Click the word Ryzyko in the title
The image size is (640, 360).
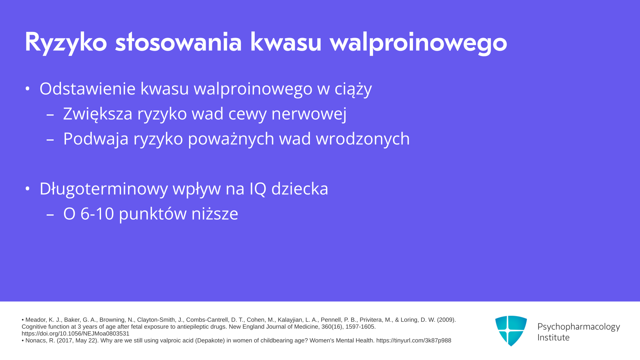tap(66, 43)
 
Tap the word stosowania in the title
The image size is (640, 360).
tap(178, 42)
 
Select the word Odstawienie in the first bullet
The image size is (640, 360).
tap(88, 89)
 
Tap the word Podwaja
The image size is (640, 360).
tap(96, 139)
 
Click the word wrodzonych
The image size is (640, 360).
tap(363, 139)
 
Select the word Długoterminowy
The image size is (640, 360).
tap(104, 189)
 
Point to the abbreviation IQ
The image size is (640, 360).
tap(258, 189)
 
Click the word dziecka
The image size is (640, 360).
tap(300, 189)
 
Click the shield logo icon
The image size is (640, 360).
tap(511, 331)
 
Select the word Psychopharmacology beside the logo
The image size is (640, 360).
tap(579, 327)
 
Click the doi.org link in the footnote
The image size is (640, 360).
tap(75, 334)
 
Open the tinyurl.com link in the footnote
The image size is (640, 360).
tap(414, 341)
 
